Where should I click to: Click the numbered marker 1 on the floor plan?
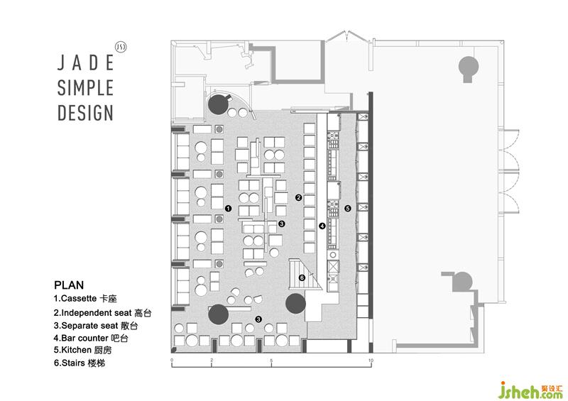[228, 208]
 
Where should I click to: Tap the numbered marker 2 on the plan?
[298, 197]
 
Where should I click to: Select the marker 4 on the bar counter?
[322, 226]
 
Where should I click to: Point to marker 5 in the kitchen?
[348, 208]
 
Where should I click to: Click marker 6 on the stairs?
[302, 278]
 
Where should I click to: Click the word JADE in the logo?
[86, 62]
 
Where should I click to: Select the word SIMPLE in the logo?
[85, 88]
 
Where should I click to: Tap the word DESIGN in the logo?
[85, 113]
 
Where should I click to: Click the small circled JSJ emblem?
[121, 47]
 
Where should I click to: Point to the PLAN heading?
[69, 285]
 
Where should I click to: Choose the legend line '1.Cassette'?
[85, 299]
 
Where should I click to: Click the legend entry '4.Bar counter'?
[91, 338]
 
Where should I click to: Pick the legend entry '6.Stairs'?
[80, 363]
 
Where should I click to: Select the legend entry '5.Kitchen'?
[82, 350]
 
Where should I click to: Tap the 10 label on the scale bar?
[371, 360]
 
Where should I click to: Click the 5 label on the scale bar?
[271, 360]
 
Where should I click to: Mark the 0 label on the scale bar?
[172, 360]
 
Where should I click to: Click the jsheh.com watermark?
[530, 390]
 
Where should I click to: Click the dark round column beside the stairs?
[295, 304]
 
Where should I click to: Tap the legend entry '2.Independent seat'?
[102, 312]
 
